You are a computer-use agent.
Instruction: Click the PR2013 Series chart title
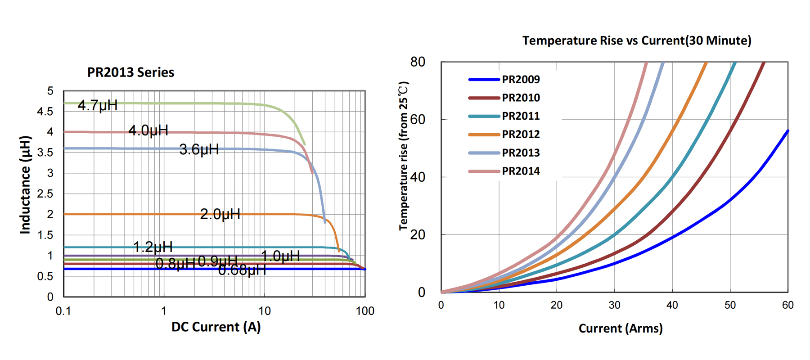coord(130,72)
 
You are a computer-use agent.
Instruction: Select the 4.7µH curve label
coord(98,105)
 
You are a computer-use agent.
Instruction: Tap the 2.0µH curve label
coord(220,214)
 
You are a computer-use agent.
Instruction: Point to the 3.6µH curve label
coord(199,149)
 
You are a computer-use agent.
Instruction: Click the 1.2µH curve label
coord(153,247)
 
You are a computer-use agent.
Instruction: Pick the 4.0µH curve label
coord(148,130)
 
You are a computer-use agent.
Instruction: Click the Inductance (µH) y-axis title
coord(25,184)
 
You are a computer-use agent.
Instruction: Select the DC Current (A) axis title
coord(216,327)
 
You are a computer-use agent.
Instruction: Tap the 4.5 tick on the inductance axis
coord(45,111)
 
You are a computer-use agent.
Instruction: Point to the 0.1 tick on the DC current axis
coord(63,311)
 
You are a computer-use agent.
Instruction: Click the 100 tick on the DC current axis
coord(364,311)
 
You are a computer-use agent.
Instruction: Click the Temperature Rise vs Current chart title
coord(637,40)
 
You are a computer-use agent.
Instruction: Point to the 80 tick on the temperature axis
coord(418,62)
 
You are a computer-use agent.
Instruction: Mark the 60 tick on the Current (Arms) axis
coord(787,305)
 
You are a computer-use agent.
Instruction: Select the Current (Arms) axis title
coord(621,328)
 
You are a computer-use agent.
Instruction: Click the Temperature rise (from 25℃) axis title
coord(404,156)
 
